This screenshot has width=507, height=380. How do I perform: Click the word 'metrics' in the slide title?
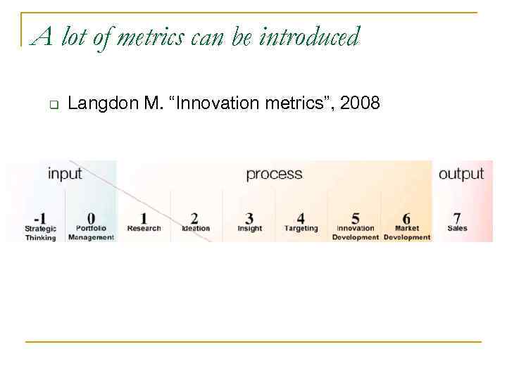(x=149, y=37)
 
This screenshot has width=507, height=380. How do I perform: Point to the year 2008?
(x=360, y=104)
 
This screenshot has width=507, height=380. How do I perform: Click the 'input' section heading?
(x=65, y=174)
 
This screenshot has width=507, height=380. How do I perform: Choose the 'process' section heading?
(x=274, y=174)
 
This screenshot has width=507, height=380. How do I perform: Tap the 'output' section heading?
(x=461, y=174)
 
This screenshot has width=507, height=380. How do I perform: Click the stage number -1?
(x=39, y=219)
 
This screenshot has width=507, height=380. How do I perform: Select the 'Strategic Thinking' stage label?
(x=40, y=233)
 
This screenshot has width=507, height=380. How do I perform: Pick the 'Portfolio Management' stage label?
(x=91, y=233)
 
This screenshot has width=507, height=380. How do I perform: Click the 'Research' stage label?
(x=144, y=229)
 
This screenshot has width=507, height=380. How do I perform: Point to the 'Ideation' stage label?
(x=195, y=229)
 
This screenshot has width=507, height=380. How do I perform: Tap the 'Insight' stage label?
(x=249, y=229)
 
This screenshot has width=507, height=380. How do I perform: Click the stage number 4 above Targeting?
(x=301, y=219)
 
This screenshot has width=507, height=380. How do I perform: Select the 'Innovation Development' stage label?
(x=356, y=233)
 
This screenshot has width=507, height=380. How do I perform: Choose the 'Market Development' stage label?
(x=406, y=233)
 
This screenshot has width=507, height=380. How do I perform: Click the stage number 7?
(x=457, y=219)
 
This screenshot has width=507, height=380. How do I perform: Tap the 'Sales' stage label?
(x=457, y=229)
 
